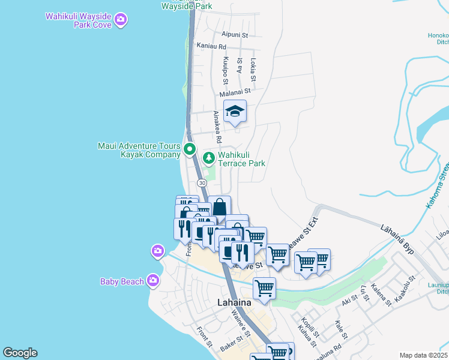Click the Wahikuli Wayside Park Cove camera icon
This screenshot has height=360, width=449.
click(x=121, y=20)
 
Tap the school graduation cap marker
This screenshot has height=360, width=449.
click(x=235, y=111)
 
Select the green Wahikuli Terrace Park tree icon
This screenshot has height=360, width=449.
click(x=208, y=158)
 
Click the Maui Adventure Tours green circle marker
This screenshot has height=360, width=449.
click(x=190, y=149)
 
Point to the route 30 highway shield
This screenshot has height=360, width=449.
click(x=202, y=182)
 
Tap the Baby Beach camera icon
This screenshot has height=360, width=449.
click(x=153, y=280)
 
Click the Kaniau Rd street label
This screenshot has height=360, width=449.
click(x=211, y=46)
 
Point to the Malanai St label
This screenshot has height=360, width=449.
click(x=234, y=93)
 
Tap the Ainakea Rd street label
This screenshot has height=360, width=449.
click(x=218, y=127)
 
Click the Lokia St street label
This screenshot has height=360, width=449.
click(x=253, y=70)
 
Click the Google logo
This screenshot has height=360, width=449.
click(x=20, y=353)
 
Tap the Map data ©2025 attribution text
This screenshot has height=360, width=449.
click(x=423, y=355)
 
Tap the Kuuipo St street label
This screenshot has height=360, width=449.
click(x=226, y=71)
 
